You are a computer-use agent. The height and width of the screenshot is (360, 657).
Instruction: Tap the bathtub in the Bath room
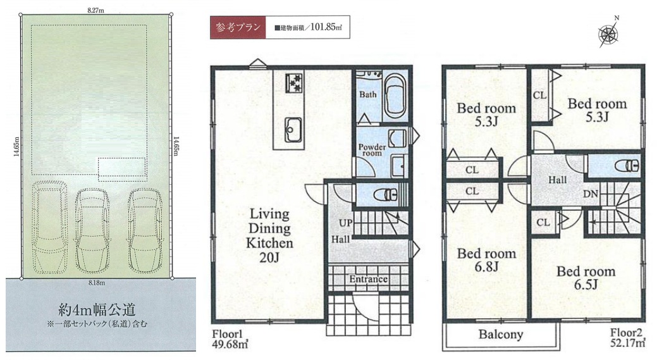tap(395, 96)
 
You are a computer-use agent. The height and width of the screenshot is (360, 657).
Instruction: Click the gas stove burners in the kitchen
tap(294, 82)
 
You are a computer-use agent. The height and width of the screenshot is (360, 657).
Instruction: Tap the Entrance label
tap(368, 279)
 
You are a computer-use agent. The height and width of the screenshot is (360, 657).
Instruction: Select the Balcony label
tap(501, 335)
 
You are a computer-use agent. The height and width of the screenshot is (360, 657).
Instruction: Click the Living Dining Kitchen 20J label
tap(269, 235)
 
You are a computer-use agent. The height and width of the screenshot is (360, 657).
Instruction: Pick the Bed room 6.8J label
tap(486, 260)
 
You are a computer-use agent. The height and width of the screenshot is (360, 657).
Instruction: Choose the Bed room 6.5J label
tap(586, 278)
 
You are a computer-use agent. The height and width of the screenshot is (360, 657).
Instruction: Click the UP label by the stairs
tap(346, 223)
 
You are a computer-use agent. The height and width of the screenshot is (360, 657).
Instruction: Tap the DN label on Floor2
tap(591, 194)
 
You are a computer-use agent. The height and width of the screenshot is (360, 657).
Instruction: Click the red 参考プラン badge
tap(238, 27)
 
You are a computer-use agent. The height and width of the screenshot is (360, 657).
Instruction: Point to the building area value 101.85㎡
tap(326, 28)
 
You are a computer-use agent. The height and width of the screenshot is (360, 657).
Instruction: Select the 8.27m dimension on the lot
tap(95, 11)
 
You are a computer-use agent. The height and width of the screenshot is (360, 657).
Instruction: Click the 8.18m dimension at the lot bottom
tap(97, 283)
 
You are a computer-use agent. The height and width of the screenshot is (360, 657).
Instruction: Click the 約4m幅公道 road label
tap(97, 310)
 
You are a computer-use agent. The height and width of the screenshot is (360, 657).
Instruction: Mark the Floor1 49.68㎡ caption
tap(230, 340)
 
